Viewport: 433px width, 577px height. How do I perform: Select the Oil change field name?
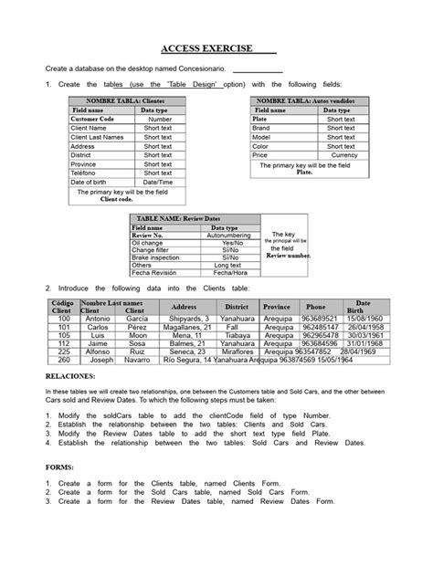coord(152,242)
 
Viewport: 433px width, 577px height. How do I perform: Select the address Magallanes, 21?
coord(187,327)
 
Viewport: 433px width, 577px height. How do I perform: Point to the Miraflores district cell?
coord(238,351)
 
